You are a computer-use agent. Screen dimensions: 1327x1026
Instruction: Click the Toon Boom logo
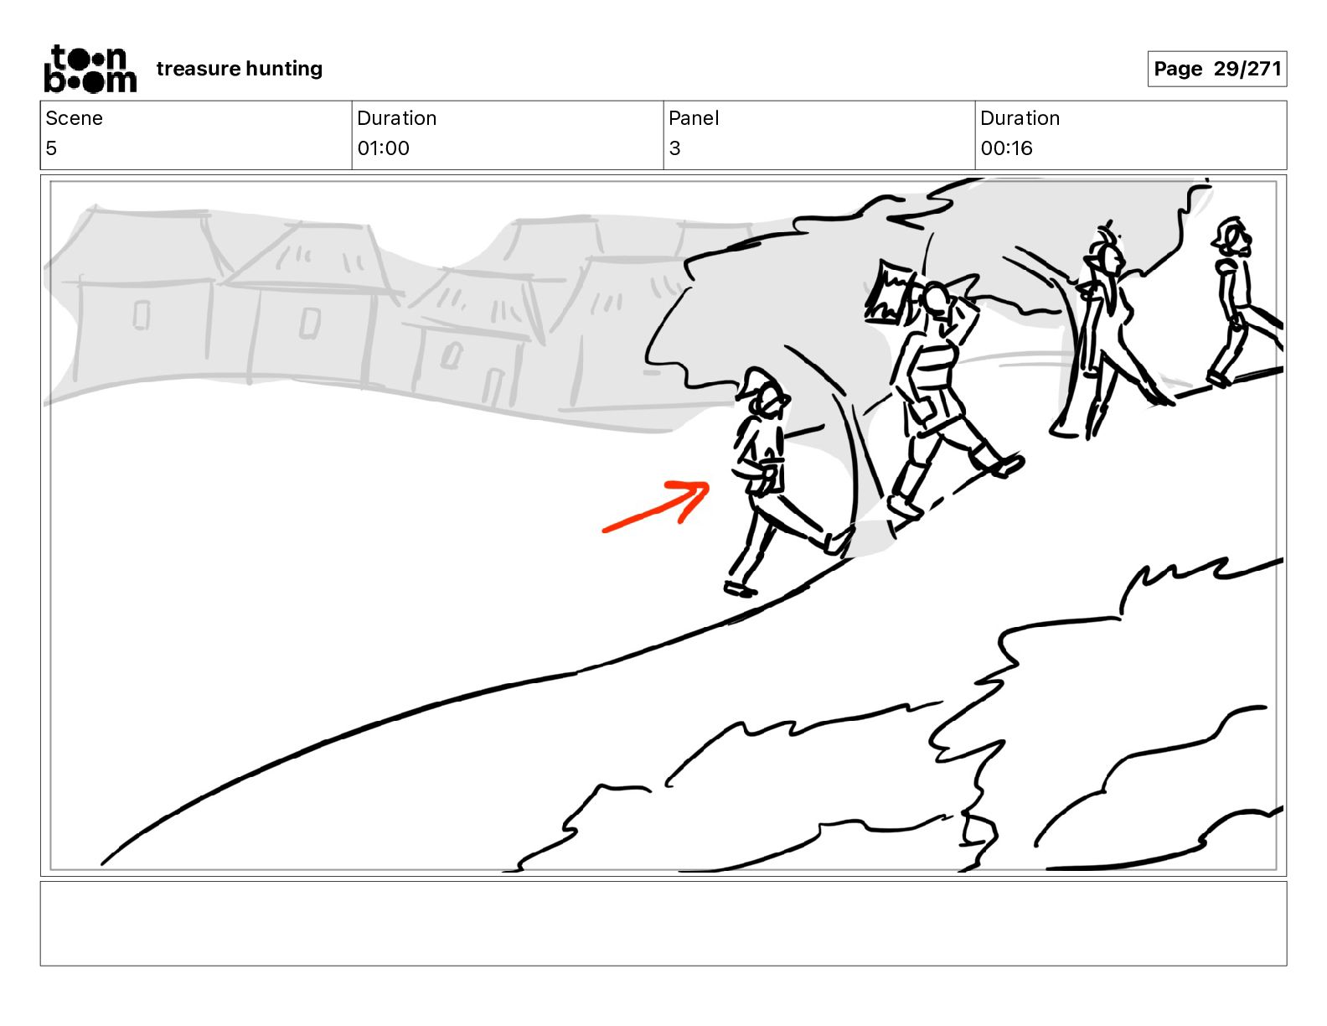click(90, 69)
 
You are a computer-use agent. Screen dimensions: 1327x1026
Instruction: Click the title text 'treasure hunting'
click(240, 69)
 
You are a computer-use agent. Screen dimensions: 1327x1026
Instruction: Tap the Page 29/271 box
click(1216, 69)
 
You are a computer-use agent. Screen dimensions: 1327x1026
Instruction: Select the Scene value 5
click(51, 148)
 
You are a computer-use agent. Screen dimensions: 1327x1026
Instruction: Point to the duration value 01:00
click(384, 148)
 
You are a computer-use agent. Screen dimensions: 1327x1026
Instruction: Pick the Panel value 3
click(674, 148)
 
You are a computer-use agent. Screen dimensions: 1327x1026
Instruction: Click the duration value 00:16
click(1006, 148)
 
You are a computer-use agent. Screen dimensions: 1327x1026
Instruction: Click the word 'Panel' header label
click(694, 118)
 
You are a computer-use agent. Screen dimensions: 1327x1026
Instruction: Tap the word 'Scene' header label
click(74, 118)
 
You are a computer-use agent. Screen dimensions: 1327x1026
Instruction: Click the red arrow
click(657, 507)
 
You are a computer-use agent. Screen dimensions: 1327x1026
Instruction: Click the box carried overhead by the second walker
click(889, 292)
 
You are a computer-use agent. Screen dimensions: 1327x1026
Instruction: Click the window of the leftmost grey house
click(142, 315)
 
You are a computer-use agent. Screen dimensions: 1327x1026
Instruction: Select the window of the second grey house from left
click(310, 323)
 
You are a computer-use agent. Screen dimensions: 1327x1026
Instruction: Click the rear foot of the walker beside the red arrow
click(740, 589)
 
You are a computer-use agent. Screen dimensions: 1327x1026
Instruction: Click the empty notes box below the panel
click(663, 924)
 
